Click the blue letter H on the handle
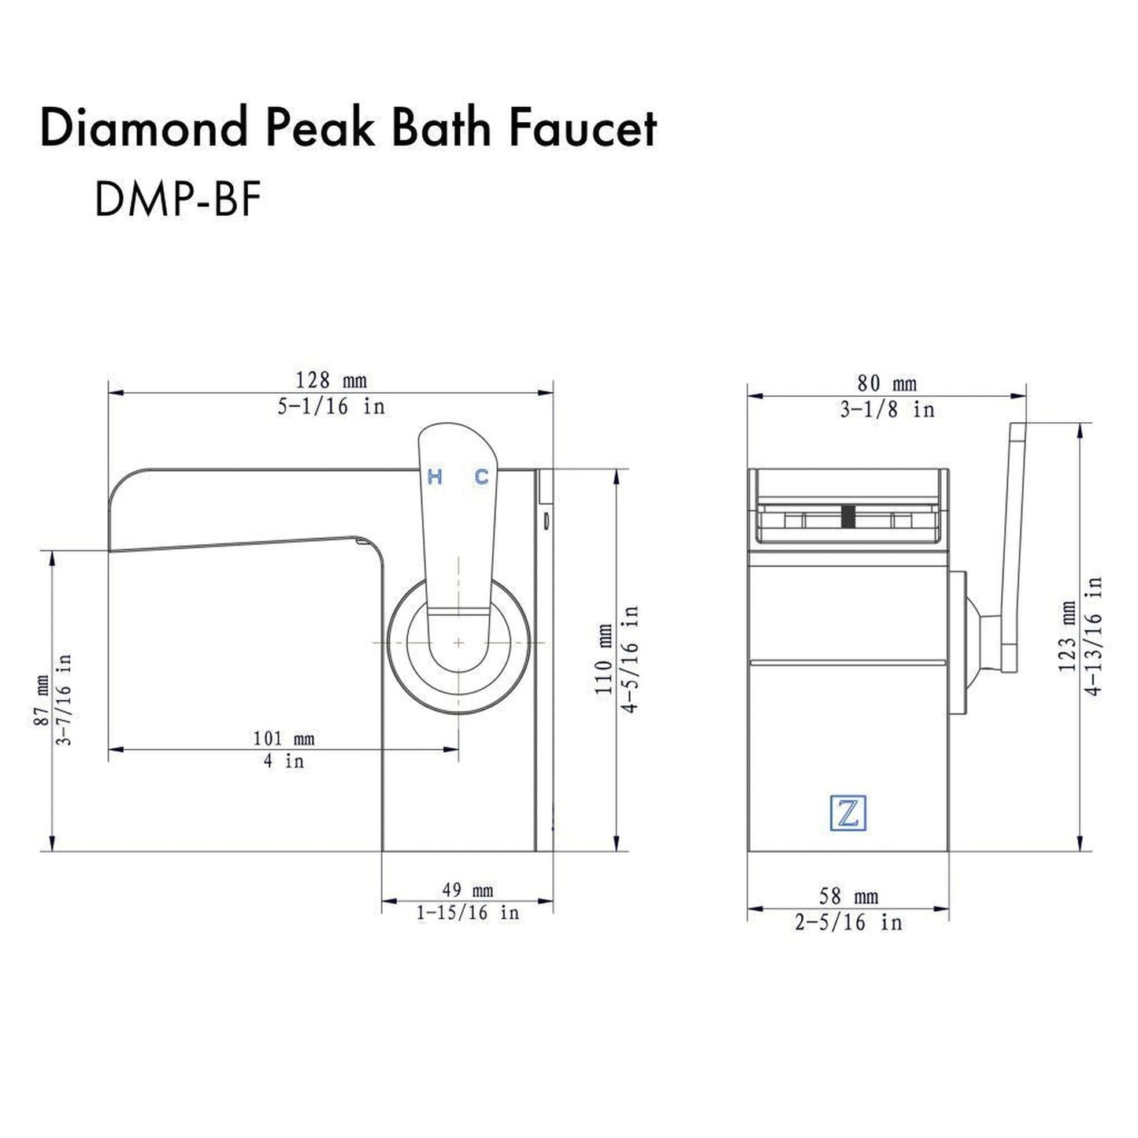(435, 476)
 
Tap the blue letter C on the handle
(481, 476)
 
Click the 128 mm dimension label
(331, 381)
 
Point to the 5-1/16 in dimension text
(331, 407)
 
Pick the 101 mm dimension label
(284, 739)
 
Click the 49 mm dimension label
(467, 891)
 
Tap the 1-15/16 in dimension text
(468, 913)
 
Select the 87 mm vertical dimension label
(41, 701)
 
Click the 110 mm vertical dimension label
(604, 660)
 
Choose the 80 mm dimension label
(887, 384)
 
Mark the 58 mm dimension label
(848, 897)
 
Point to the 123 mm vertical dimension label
(1067, 636)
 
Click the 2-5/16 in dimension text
(848, 922)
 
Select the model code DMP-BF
(177, 199)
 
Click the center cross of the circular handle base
(458, 643)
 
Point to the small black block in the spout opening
(848, 516)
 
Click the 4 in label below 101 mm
(284, 762)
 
